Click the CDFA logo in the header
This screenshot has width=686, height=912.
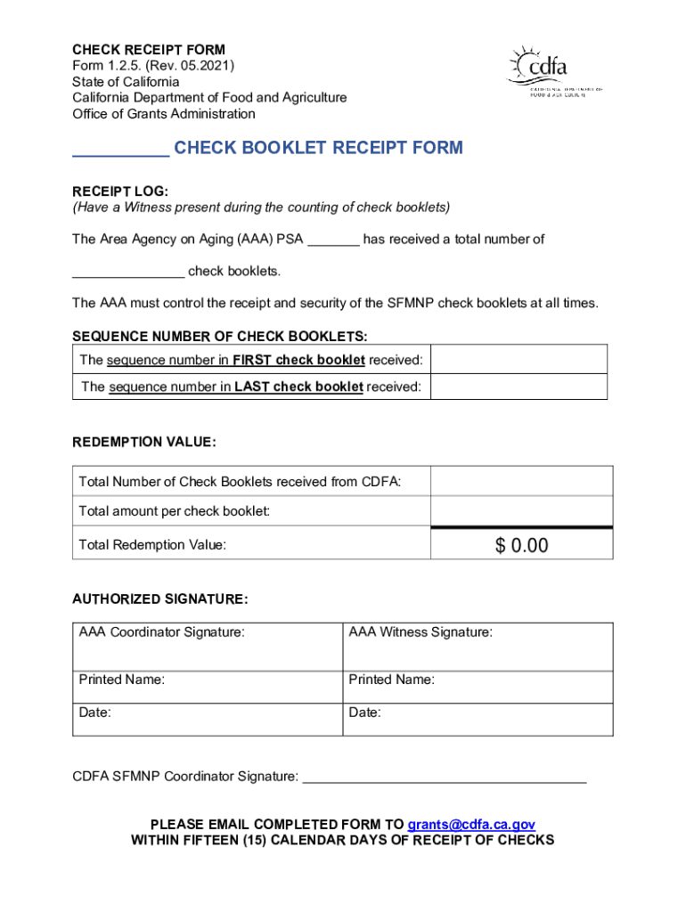(x=555, y=70)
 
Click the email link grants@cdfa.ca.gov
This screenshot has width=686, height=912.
(x=471, y=824)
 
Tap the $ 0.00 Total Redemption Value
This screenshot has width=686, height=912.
(x=521, y=545)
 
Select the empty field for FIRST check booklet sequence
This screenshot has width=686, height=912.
(x=520, y=360)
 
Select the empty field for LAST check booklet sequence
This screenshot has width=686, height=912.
(x=520, y=387)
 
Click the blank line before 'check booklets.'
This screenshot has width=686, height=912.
(x=128, y=272)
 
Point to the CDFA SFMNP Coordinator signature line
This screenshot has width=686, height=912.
(x=445, y=778)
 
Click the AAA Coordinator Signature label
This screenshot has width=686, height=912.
(x=161, y=632)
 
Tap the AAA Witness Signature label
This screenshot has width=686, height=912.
(x=420, y=632)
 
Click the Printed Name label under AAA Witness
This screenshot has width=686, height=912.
(x=391, y=680)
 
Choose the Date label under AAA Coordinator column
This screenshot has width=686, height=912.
(x=94, y=712)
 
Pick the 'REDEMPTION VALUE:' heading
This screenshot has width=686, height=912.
(x=143, y=442)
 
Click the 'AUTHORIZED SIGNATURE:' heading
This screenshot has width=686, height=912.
(x=159, y=599)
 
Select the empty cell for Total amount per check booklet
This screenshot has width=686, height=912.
(x=521, y=510)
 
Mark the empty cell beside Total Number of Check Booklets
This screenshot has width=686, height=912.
(x=521, y=481)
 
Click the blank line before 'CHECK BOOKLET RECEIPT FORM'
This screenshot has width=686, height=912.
(x=120, y=150)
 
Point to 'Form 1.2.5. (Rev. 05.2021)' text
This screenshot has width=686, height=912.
(x=153, y=65)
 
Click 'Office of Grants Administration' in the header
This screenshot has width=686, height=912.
(x=163, y=114)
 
